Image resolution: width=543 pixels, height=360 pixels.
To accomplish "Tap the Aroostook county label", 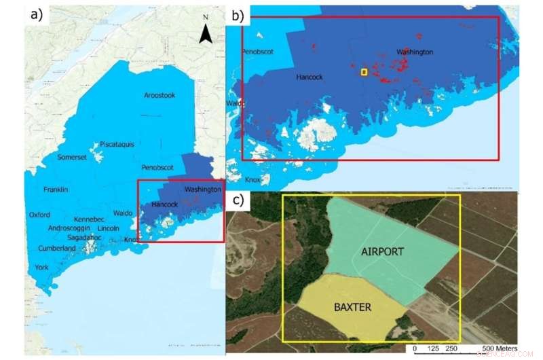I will coord(159,95).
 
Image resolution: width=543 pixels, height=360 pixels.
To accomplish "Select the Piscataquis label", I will coord(117,144).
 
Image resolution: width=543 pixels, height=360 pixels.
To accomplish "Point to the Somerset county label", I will coord(73,158).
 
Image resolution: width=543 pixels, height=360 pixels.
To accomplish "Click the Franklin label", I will coord(56,190).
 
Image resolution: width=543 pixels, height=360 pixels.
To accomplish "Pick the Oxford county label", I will coord(40,215).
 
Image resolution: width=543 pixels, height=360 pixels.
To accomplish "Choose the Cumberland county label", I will coord(57,249).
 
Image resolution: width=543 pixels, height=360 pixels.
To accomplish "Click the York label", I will coord(42,268).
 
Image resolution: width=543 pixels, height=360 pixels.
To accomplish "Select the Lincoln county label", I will coord(109,228).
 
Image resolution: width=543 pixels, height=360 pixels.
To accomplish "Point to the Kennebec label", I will coord(89,219).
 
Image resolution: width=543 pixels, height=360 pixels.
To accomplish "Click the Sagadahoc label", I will coord(85,238).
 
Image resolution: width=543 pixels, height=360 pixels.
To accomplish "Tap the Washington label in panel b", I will coord(415,52).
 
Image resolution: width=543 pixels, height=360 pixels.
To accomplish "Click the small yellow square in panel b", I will coord(364,72).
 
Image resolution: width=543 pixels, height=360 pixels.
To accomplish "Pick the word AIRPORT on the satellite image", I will coord(382,252).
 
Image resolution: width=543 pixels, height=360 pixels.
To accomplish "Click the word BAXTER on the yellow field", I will coord(352,308).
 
